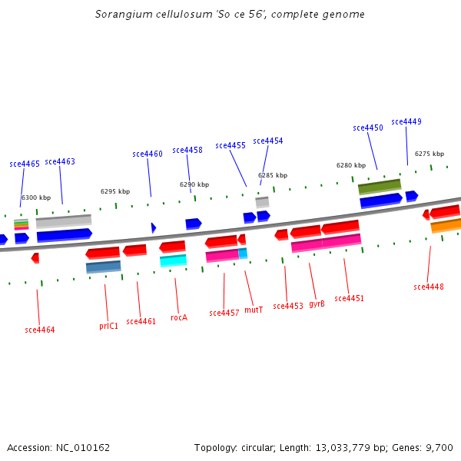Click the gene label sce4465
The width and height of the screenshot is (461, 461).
click(x=25, y=164)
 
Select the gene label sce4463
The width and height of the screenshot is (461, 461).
click(x=60, y=161)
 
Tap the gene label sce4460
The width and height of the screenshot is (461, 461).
click(x=148, y=154)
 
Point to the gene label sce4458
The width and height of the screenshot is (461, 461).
click(x=187, y=150)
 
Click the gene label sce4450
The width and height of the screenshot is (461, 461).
click(x=368, y=128)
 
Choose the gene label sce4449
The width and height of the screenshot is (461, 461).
click(x=406, y=121)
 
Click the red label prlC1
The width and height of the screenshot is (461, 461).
click(x=109, y=326)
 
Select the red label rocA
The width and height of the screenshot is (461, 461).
click(x=179, y=317)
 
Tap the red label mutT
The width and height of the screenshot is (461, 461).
click(x=254, y=310)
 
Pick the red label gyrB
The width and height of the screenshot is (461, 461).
click(x=317, y=303)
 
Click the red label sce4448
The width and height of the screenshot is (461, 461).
click(x=429, y=287)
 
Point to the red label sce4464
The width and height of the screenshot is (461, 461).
click(x=40, y=330)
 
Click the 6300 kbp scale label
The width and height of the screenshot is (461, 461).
click(x=36, y=197)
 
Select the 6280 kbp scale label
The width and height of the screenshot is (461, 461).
click(x=351, y=165)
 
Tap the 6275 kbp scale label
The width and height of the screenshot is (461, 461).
click(x=429, y=154)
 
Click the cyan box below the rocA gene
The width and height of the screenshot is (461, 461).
click(x=173, y=260)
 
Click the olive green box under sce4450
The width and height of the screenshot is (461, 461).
click(x=380, y=186)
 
